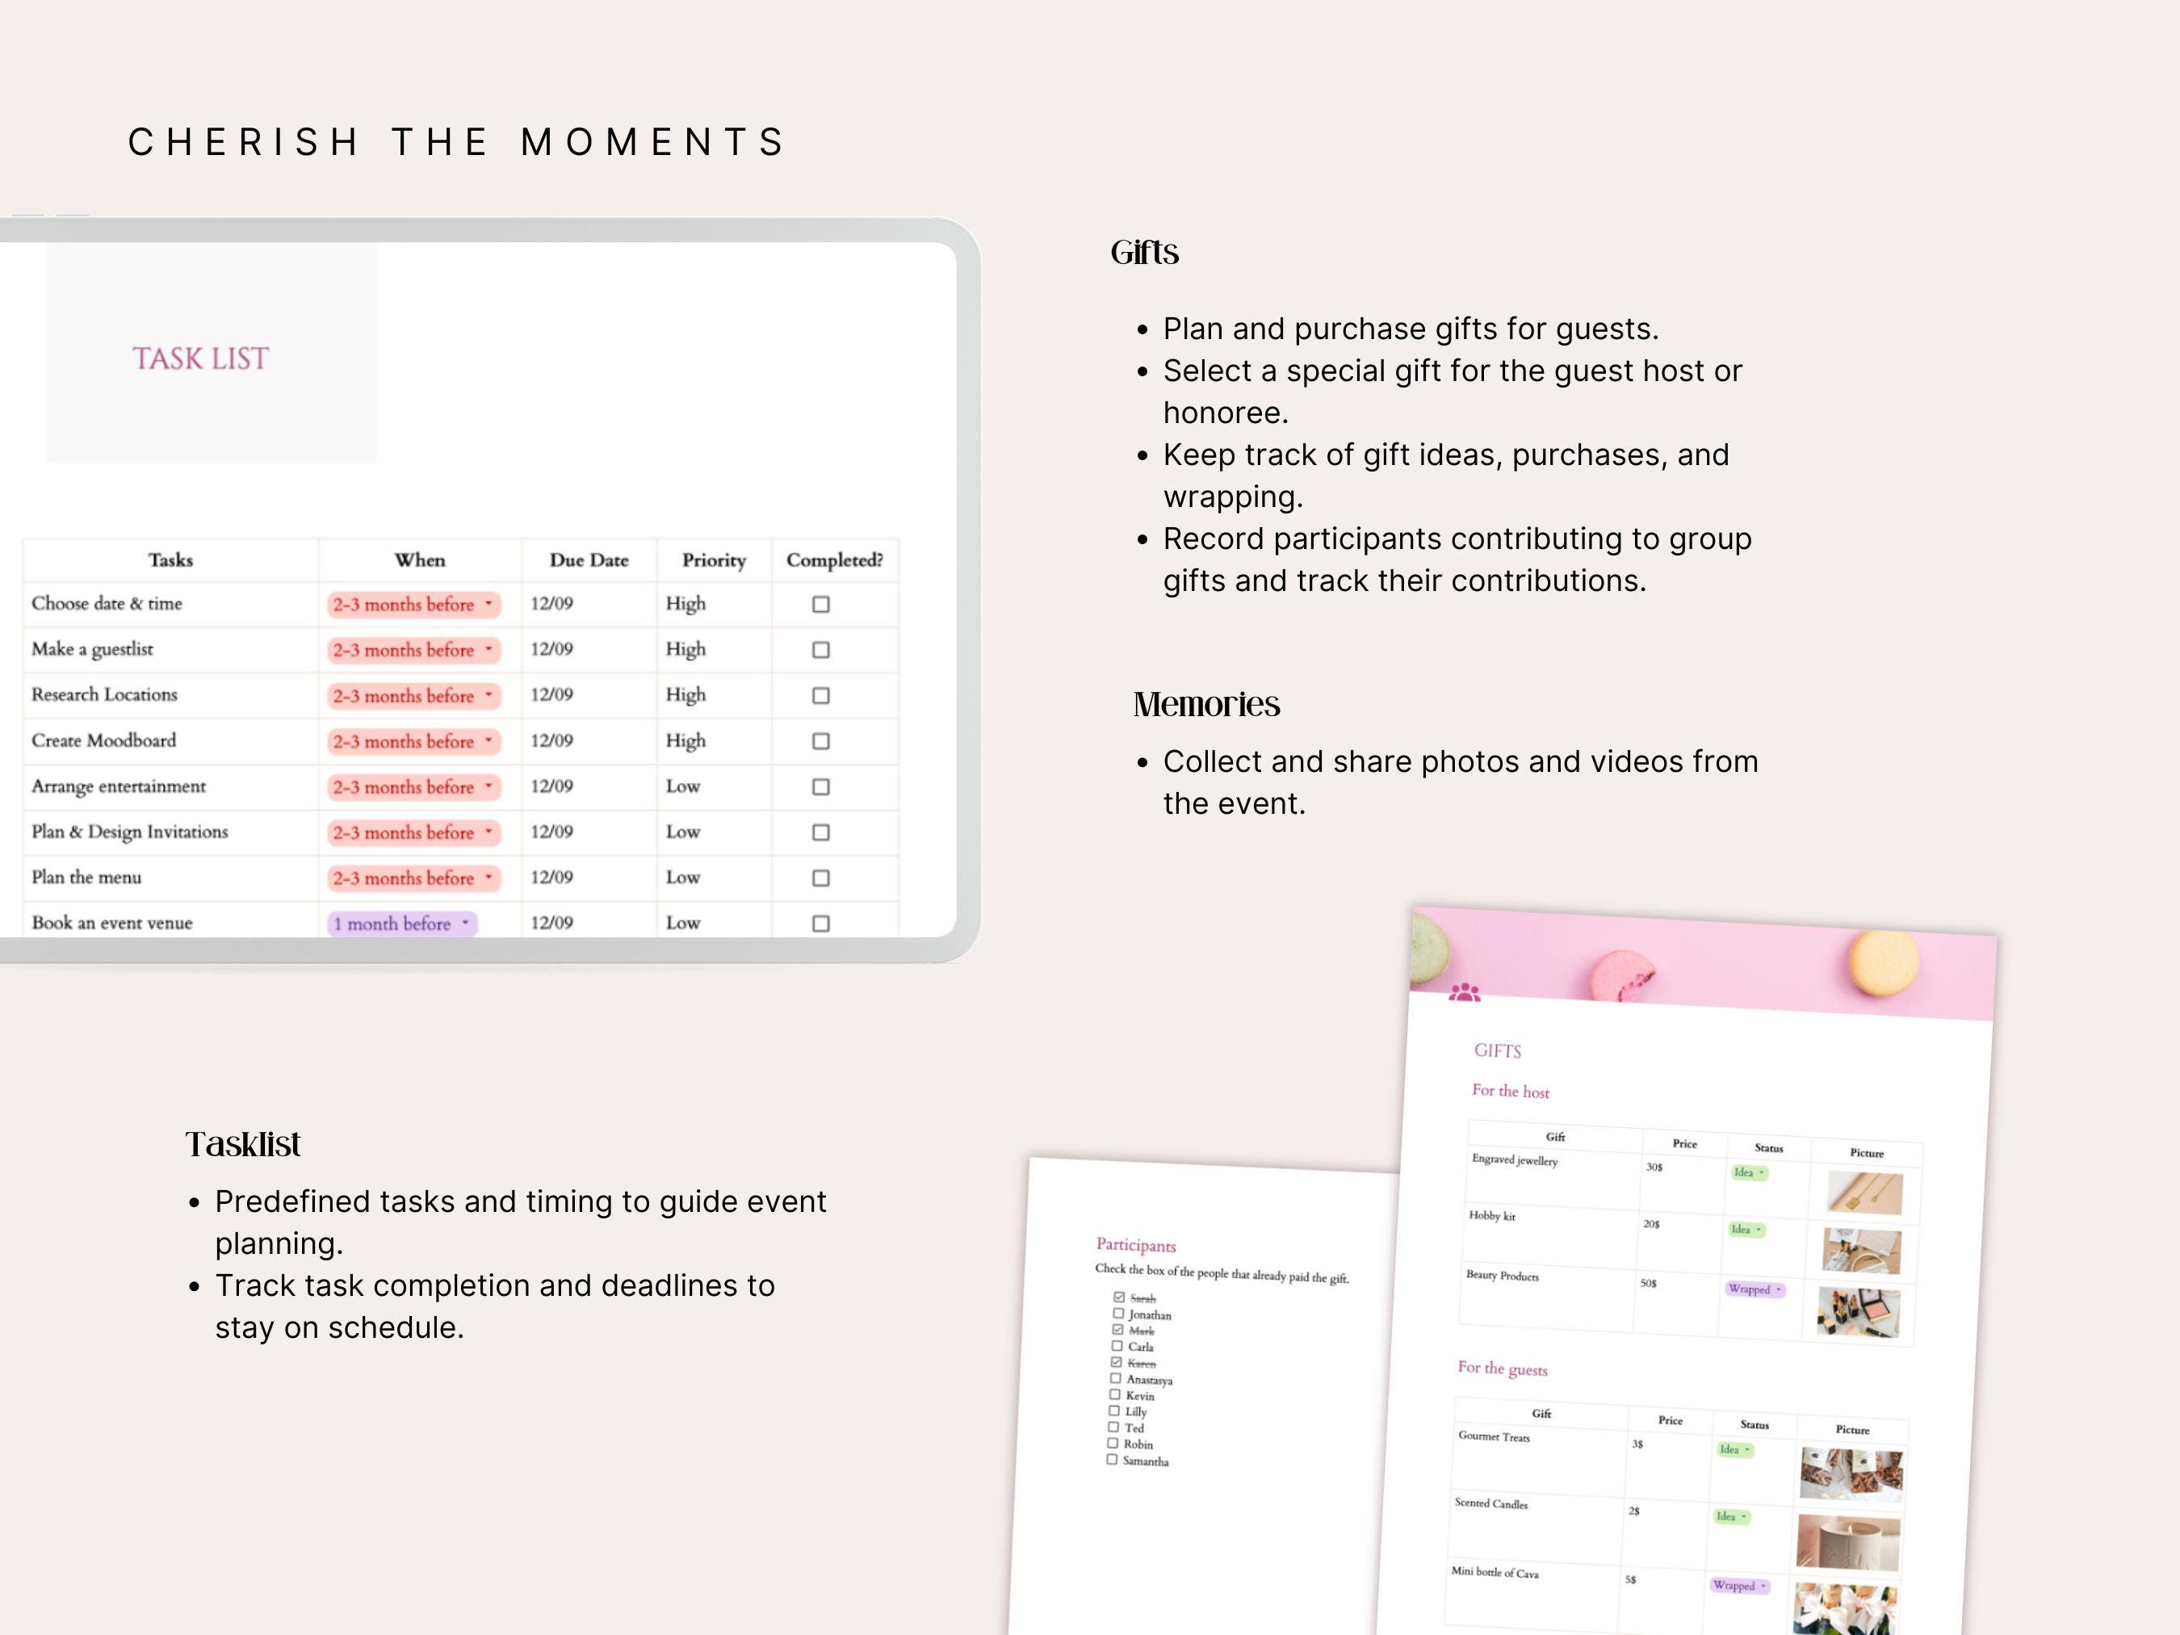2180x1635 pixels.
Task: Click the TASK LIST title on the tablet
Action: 200,358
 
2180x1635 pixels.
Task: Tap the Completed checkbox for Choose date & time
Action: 820,604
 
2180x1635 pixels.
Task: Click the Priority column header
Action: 714,560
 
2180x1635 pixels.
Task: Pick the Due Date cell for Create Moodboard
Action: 552,740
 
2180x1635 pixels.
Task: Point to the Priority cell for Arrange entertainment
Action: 683,786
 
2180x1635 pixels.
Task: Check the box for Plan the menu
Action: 820,878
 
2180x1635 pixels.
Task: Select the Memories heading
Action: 1206,705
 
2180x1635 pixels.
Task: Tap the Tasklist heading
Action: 242,1144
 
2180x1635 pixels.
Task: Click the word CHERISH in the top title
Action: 245,142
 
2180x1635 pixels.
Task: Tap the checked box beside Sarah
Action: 1118,1297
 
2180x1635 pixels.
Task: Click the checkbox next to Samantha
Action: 1112,1460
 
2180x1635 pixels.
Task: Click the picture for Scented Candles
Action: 1847,1541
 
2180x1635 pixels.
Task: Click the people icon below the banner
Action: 1465,992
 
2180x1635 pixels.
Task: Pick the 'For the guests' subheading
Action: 1502,1368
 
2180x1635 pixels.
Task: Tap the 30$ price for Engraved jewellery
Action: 1654,1167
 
